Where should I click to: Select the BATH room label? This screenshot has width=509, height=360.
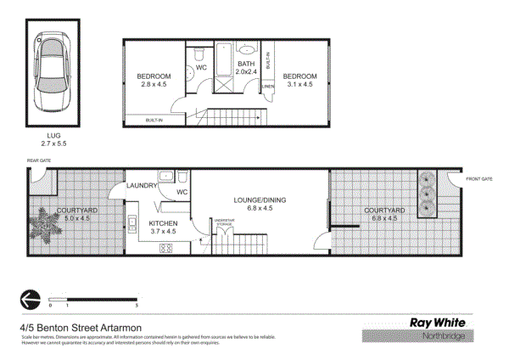coord(246,68)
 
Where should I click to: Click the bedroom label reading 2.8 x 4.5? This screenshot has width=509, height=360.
coord(154,80)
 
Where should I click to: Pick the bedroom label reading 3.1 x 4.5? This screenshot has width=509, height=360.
coord(299,80)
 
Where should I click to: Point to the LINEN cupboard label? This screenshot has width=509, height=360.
coord(268,86)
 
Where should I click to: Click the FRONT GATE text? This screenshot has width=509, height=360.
coord(478,178)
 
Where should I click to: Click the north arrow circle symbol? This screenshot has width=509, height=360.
coord(29,299)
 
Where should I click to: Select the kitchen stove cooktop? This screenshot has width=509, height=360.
coord(165,249)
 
